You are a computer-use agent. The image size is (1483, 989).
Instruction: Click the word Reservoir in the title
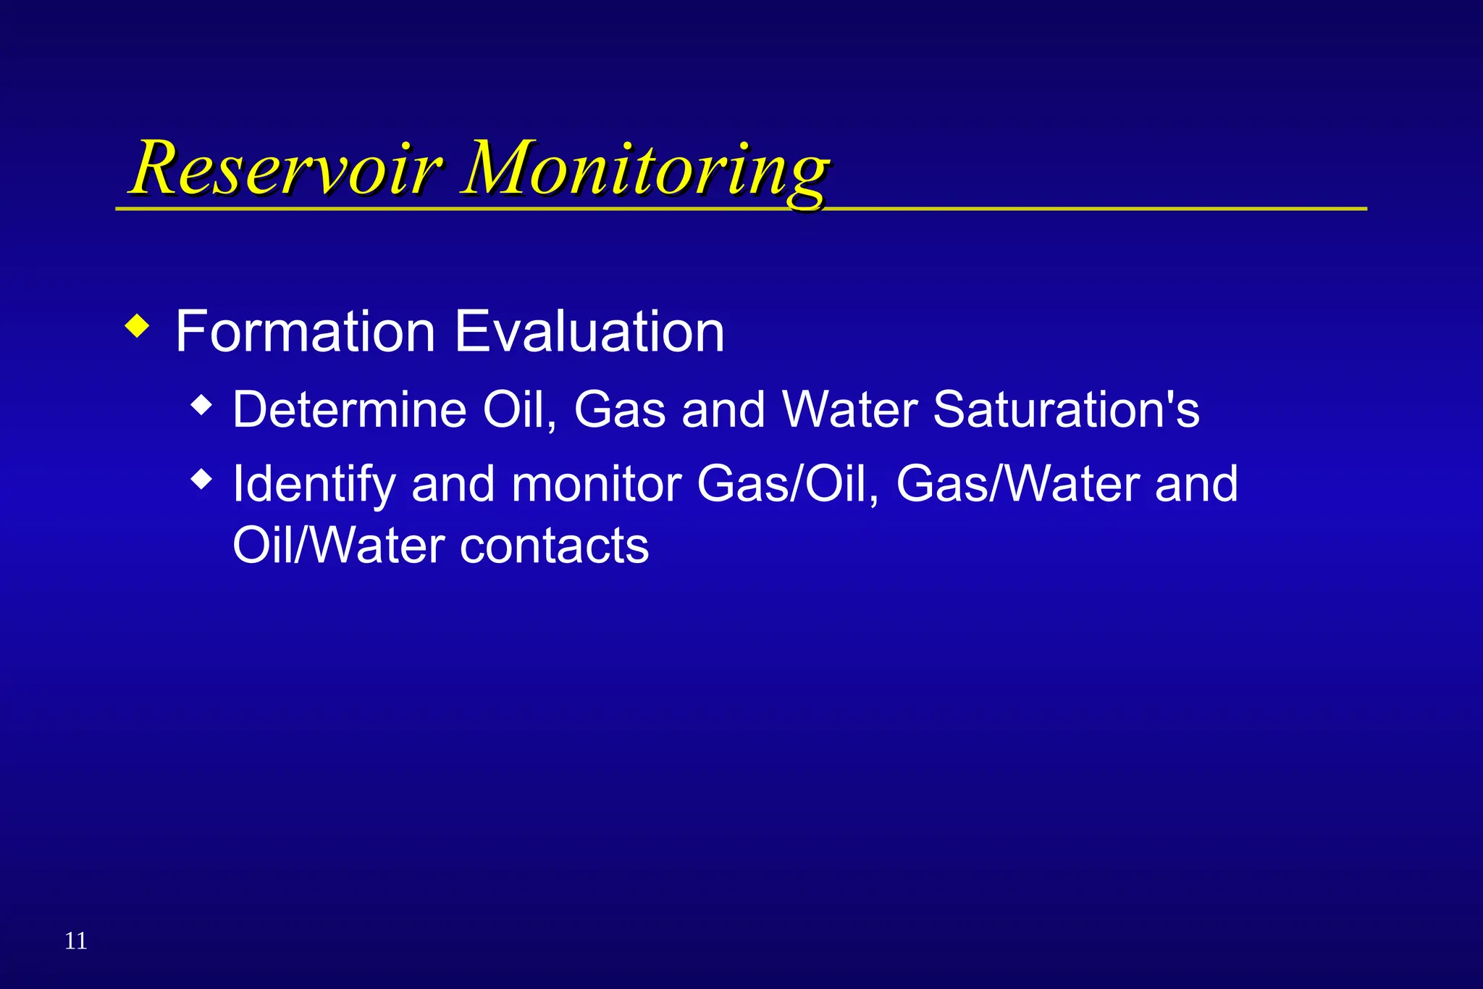click(x=286, y=168)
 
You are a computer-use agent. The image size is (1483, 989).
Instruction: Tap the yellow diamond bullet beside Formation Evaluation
click(x=137, y=326)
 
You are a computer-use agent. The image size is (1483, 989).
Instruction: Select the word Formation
click(x=305, y=332)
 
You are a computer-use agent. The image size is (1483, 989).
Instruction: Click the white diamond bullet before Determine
click(x=202, y=405)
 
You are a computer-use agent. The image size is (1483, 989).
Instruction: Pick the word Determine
click(x=349, y=410)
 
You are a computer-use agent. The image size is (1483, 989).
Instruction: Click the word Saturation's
click(x=1066, y=410)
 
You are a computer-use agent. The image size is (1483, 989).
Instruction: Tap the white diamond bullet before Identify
click(x=202, y=479)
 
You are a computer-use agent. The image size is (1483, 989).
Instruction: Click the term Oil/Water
click(x=338, y=546)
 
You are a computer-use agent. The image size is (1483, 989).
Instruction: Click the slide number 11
click(x=76, y=940)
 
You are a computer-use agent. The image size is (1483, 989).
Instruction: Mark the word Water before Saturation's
click(x=850, y=410)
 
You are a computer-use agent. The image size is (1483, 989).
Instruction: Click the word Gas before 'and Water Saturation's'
click(x=619, y=410)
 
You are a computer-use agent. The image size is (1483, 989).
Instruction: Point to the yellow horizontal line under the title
click(x=1086, y=209)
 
